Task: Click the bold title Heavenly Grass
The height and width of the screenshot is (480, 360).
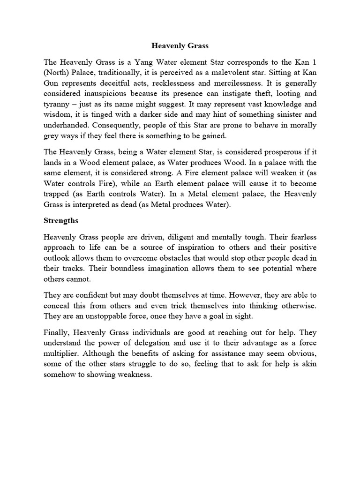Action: pyautogui.click(x=180, y=46)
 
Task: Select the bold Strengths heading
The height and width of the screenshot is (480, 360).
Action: pyautogui.click(x=61, y=219)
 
